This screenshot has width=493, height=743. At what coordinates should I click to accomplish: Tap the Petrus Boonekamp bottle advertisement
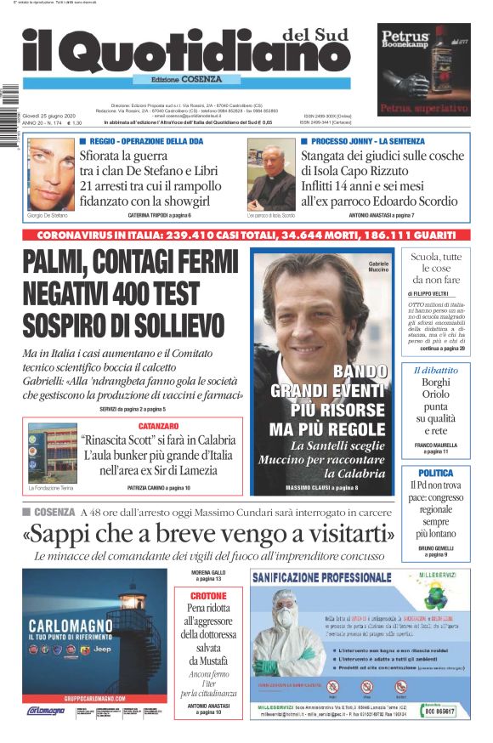(424, 69)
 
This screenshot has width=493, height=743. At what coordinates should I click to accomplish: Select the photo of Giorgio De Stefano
(51, 173)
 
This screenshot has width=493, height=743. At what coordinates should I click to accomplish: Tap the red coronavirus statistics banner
(246, 234)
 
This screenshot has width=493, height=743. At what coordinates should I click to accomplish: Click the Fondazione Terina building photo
(52, 453)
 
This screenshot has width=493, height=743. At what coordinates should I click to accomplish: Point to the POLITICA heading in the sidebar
(435, 473)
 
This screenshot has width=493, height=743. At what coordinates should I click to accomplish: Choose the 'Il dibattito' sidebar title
(435, 371)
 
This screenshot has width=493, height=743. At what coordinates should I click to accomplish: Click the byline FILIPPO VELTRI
(428, 293)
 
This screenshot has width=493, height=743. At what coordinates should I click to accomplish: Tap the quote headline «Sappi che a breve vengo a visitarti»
(209, 534)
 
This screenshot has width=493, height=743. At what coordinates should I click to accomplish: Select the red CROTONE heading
(208, 597)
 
